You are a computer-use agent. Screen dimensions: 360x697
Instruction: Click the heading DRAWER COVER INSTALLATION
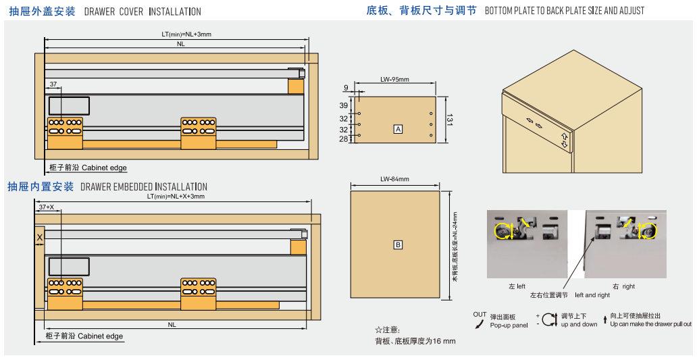143,11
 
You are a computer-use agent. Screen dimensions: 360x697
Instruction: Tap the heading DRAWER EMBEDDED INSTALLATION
144,186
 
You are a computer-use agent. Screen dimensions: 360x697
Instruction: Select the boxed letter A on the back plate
398,128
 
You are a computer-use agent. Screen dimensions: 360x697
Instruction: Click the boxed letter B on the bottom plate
398,245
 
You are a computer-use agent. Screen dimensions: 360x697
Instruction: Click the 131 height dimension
448,120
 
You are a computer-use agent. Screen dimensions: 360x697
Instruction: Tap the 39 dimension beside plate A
343,106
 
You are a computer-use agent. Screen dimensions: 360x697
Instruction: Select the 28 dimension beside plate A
343,138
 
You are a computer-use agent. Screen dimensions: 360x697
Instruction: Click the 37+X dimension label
46,207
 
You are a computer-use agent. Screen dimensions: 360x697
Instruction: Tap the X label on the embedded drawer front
39,238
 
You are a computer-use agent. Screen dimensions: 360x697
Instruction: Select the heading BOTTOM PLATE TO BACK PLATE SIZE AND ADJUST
565,11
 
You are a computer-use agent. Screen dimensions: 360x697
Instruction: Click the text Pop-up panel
509,325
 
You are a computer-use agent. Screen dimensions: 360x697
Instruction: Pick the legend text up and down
579,325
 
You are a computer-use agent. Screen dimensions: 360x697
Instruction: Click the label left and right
592,295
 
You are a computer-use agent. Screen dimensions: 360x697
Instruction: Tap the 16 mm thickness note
415,340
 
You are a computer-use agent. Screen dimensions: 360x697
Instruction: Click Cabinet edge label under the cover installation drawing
104,168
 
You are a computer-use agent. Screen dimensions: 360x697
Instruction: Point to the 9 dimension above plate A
346,88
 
